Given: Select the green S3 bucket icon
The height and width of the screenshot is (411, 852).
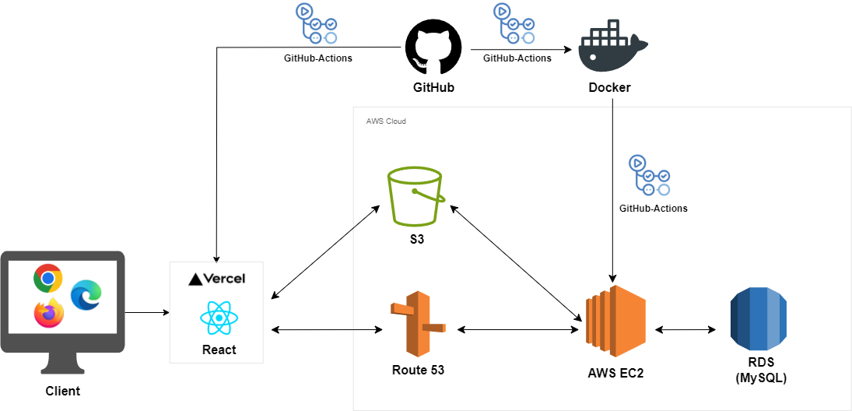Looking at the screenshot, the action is point(415,195).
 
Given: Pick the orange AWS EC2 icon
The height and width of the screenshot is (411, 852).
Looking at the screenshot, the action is point(615,321).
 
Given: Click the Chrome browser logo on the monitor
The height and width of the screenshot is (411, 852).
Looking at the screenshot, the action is point(47,279).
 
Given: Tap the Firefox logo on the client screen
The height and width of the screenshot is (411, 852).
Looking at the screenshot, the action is point(49,313).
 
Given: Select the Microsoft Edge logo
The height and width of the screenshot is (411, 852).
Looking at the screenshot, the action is point(86,295).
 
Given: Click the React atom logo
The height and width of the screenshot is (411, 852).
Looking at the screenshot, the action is point(219,318).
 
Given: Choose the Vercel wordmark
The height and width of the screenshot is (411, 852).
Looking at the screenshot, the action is point(217,279).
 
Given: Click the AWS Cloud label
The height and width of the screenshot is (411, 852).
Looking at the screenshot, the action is point(386,121).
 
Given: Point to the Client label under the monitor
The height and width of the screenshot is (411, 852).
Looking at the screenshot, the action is point(62,391).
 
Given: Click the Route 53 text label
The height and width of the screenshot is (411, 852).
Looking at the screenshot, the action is point(418,371).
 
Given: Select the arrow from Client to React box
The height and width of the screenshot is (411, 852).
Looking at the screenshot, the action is point(147,312).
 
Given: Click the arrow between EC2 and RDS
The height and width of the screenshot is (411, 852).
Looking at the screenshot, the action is point(685,329).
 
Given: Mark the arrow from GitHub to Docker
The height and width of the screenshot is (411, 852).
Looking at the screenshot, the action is point(521,50).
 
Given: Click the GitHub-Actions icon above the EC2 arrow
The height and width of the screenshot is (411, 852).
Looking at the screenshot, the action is point(649,175).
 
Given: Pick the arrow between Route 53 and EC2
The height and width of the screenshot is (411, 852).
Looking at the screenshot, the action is point(518,329).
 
